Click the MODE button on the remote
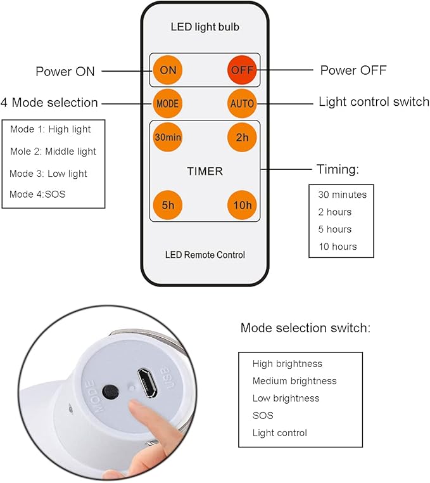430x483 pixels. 167,103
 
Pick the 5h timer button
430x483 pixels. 167,205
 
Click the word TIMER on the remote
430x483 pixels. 205,171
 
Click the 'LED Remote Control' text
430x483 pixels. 205,255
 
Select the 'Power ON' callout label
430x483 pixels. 65,71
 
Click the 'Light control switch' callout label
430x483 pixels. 374,102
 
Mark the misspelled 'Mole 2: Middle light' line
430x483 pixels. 53,151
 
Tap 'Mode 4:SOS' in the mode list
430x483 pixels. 37,195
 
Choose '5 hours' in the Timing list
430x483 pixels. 334,229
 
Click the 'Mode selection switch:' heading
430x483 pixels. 305,328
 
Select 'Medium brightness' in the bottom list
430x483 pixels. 294,381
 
